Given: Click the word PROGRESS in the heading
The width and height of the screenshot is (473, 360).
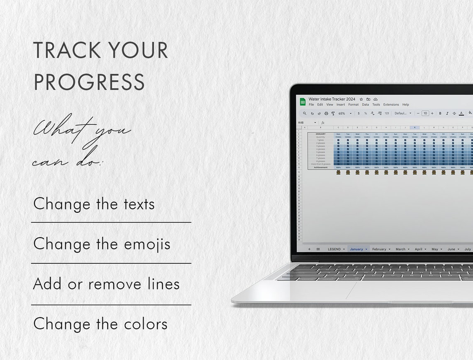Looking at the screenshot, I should click(89, 82).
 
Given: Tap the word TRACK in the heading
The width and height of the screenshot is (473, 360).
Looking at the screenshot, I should click(67, 51).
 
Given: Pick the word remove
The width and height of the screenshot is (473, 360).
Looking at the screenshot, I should click(115, 284).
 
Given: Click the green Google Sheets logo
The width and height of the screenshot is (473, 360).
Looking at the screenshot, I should click(303, 102).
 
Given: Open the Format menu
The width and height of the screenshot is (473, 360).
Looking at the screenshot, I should click(354, 105).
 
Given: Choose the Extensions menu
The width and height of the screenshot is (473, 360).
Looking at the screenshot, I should click(391, 105).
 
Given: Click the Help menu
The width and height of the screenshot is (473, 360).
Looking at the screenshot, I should click(405, 105).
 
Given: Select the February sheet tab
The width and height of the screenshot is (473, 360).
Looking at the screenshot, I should click(379, 249).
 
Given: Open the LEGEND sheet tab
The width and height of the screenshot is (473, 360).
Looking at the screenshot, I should click(334, 249).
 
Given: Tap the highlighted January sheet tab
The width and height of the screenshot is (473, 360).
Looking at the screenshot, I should click(356, 249).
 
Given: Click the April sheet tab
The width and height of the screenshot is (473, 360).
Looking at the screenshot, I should click(418, 249).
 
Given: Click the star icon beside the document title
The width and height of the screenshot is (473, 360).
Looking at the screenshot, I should click(361, 100).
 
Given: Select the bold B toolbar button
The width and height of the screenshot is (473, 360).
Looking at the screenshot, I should click(440, 113).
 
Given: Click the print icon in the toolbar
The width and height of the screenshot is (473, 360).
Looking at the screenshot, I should click(326, 113).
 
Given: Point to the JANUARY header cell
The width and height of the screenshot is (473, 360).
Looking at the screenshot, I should click(320, 134).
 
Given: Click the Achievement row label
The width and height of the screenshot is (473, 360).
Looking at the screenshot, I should click(320, 168).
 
